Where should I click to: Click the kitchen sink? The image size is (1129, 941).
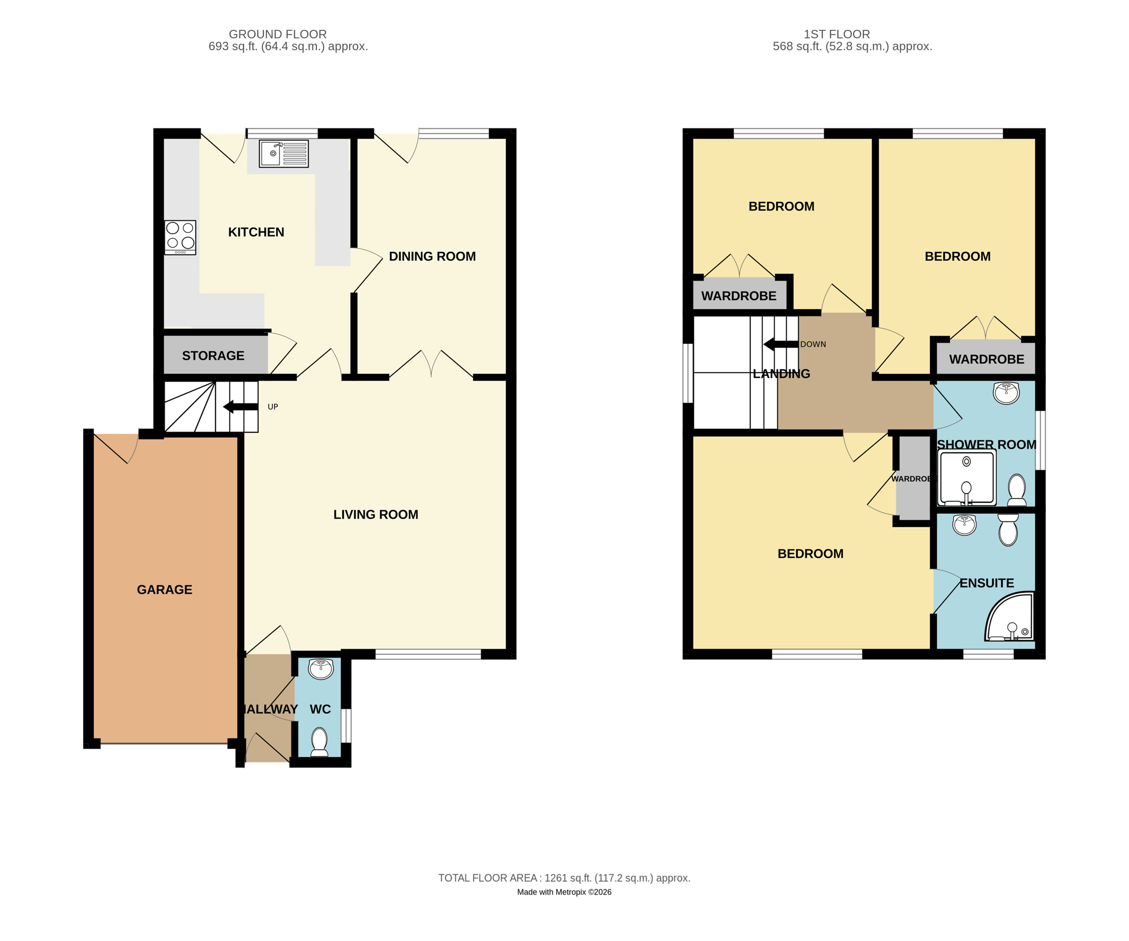coord(283,153)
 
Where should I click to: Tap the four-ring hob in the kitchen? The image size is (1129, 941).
coord(180,238)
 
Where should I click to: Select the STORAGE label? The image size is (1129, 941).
coord(213,356)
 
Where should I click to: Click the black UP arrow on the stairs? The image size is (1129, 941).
coord(240,407)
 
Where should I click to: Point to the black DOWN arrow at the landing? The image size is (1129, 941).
coord(781,345)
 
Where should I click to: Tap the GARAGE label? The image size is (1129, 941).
coord(164,590)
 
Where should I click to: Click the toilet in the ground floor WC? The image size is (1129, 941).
coord(320,742)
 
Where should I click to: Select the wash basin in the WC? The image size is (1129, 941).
coord(321,669)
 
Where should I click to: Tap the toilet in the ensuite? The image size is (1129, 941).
coord(1008,530)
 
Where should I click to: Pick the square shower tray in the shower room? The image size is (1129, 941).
coord(967,478)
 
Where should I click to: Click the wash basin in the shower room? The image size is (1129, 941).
coord(1007,393)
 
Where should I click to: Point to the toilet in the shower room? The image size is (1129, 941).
coord(1017,490)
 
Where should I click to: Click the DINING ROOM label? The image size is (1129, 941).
coord(432,256)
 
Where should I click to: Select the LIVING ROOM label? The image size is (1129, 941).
coord(376,514)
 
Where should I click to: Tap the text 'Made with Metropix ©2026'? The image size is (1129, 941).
coord(564,892)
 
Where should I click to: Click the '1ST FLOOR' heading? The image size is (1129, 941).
coord(837,34)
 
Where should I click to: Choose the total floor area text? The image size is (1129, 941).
coord(564,878)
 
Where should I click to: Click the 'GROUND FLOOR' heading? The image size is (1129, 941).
coord(278,34)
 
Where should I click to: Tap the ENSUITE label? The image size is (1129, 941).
coord(987,583)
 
